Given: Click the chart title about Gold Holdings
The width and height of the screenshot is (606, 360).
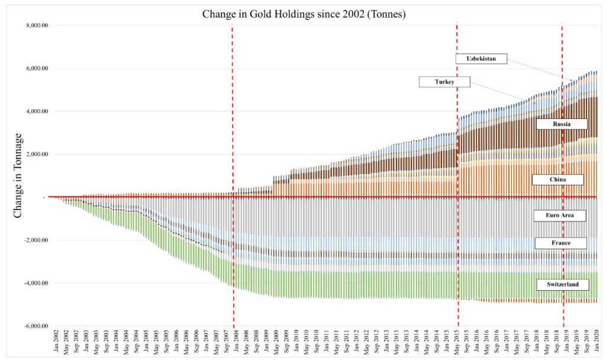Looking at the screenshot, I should [303, 14].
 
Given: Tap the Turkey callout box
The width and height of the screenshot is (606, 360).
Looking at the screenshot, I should [444, 82].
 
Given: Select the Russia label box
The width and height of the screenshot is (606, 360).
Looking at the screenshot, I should [561, 124].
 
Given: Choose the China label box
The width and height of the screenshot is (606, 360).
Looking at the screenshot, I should [558, 179].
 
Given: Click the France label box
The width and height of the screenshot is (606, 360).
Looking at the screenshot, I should [560, 243].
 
